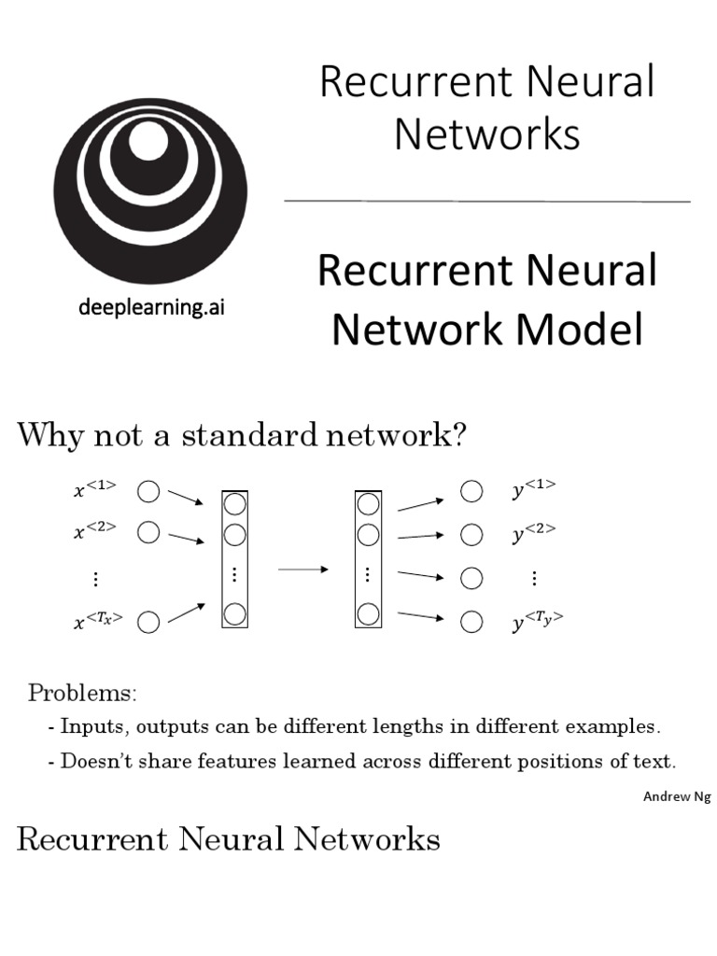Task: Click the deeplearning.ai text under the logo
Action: (x=150, y=309)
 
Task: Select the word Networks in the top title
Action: (x=486, y=134)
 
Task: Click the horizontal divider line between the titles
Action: (x=486, y=201)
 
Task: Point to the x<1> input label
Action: (x=94, y=488)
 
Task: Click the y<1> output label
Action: (x=534, y=488)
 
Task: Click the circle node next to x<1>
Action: (x=148, y=491)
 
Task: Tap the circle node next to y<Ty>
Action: (x=472, y=621)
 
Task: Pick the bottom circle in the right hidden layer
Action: (x=369, y=613)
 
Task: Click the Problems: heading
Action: (x=82, y=694)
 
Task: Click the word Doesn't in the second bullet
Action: (x=91, y=761)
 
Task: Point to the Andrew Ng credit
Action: (x=677, y=796)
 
